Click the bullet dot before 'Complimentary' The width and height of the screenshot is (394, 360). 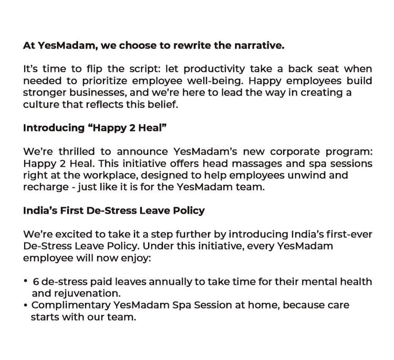point(25,305)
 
